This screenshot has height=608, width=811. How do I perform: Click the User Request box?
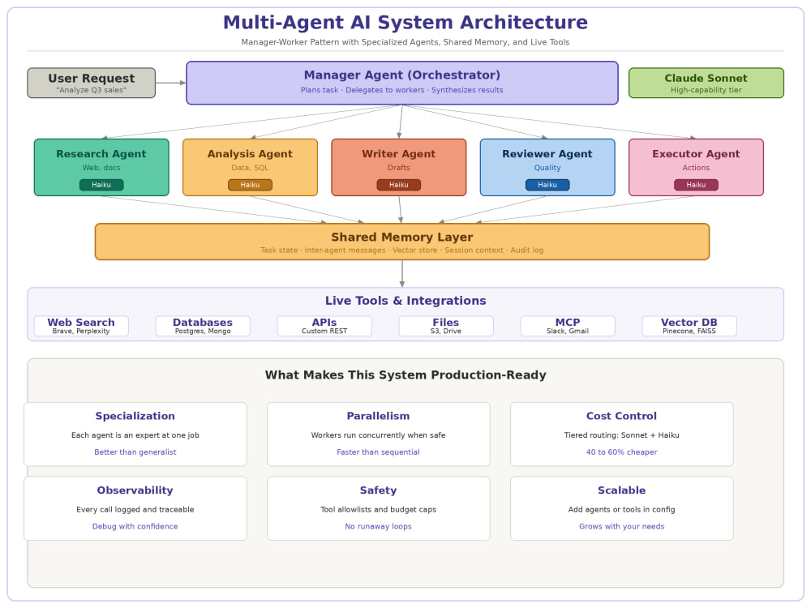tap(91, 83)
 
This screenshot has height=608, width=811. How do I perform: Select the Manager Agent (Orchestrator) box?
tap(402, 83)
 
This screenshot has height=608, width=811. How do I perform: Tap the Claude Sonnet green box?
tap(706, 83)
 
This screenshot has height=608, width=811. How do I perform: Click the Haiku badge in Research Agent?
tap(101, 185)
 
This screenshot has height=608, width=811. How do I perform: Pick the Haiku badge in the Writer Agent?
tap(399, 185)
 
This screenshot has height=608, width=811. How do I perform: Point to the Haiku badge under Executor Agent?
tap(696, 185)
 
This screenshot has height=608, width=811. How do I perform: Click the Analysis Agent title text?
tap(250, 153)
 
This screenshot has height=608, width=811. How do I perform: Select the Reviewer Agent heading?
tap(547, 153)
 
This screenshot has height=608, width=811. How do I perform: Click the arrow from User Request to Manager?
tap(170, 83)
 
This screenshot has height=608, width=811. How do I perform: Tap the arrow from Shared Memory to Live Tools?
tap(402, 273)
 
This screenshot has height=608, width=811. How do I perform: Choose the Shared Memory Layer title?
tap(402, 237)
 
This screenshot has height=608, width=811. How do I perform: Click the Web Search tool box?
tap(81, 326)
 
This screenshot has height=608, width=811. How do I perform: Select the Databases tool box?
tap(203, 326)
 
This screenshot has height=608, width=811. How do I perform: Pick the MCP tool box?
tap(568, 326)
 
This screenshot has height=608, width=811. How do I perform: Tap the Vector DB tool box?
tap(689, 326)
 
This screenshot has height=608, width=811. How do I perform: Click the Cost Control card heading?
tap(621, 416)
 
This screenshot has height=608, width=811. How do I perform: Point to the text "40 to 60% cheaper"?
tap(621, 452)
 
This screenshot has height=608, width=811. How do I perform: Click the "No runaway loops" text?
tap(378, 526)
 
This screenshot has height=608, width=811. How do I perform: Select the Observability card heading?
tap(135, 490)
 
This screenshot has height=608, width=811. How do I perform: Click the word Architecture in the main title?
tap(523, 22)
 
